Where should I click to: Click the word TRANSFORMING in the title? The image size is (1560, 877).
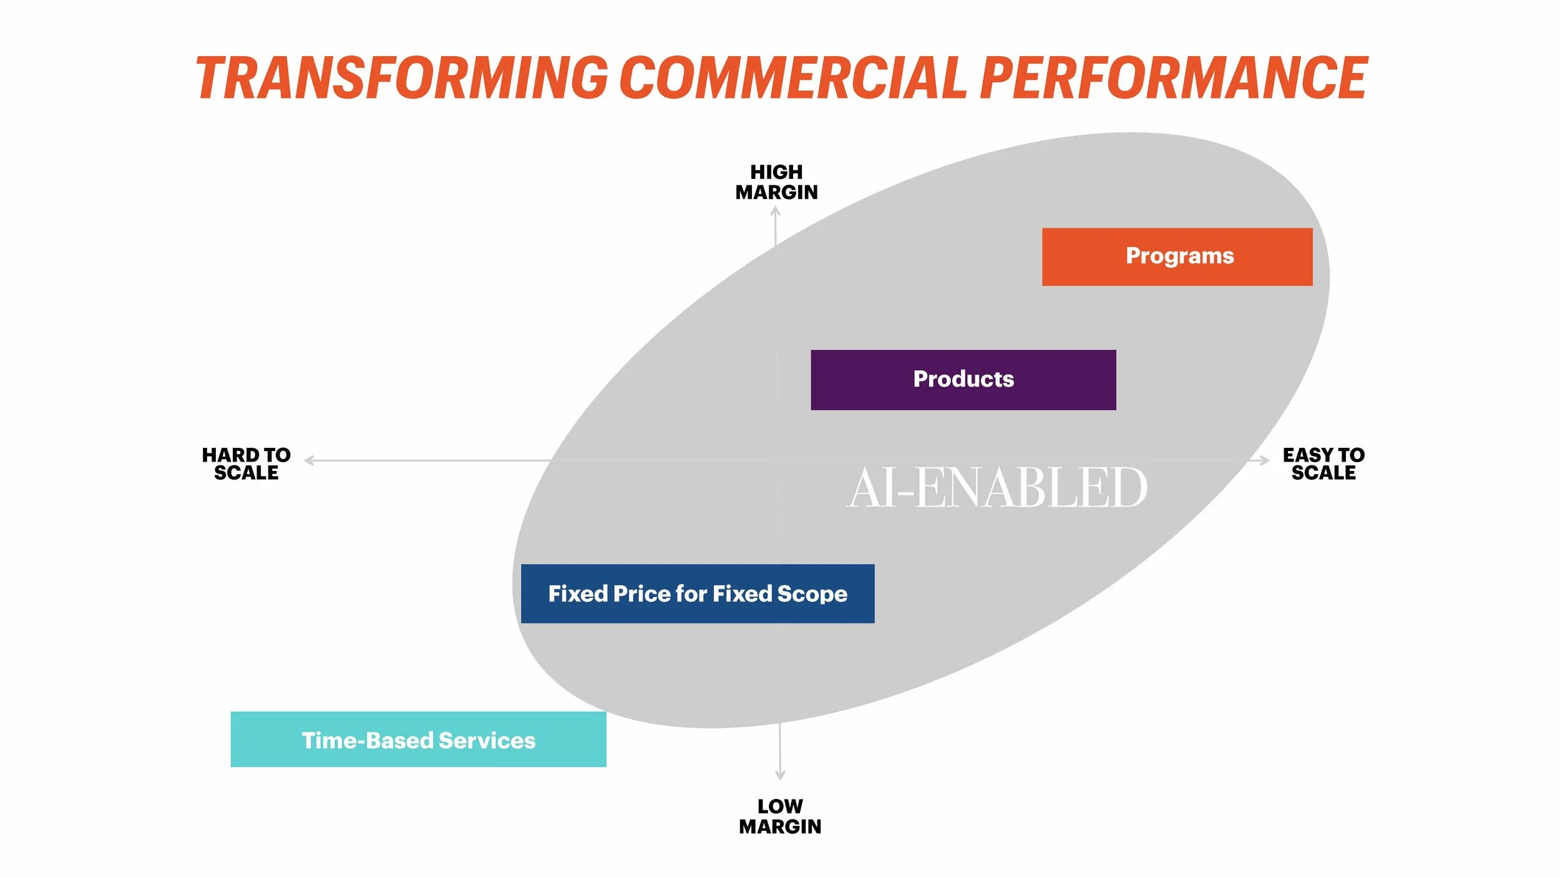click(402, 78)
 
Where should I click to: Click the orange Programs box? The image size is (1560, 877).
click(1177, 256)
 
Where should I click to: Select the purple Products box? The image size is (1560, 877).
click(963, 379)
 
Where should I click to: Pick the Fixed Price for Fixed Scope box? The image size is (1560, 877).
click(697, 593)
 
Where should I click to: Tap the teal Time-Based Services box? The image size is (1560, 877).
click(418, 739)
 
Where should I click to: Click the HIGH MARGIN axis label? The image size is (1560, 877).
click(776, 182)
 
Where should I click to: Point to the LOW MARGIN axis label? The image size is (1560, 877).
click(780, 816)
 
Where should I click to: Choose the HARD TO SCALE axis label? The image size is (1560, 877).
click(246, 463)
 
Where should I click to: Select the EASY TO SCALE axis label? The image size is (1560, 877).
click(1323, 463)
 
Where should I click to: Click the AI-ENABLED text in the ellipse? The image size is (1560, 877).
click(997, 488)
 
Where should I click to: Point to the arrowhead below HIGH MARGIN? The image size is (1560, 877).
click(775, 211)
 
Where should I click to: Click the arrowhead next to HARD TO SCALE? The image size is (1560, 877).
click(308, 460)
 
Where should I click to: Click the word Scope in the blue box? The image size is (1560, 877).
click(812, 594)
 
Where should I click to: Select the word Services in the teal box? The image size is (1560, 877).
click(487, 740)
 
